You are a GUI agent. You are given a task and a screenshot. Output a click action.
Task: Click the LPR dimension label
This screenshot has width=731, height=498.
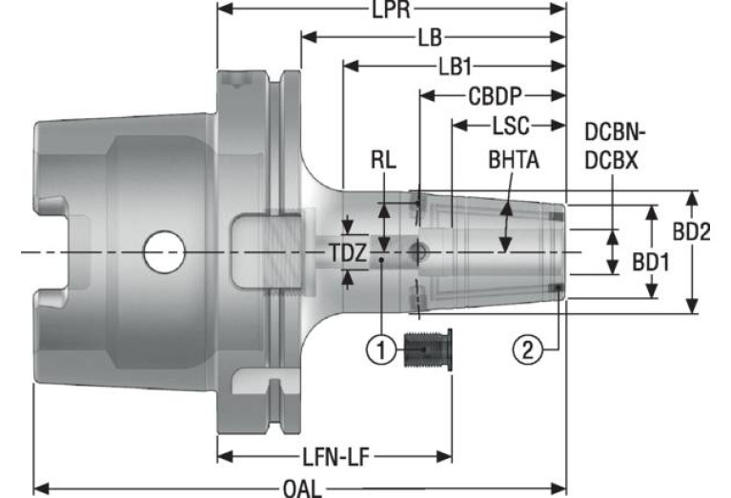391,10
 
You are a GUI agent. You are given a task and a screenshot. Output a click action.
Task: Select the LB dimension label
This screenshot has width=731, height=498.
430,38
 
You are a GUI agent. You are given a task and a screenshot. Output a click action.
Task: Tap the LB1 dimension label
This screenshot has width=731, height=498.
455,67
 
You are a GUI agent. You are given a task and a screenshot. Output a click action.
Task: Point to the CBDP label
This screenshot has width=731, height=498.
495,96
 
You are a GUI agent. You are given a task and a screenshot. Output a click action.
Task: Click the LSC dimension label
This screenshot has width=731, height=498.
511,126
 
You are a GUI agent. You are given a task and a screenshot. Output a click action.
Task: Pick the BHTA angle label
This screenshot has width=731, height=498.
514,160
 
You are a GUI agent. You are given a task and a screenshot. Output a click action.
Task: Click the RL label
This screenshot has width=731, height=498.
383,160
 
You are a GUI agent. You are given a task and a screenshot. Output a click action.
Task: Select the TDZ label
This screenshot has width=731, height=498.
348,253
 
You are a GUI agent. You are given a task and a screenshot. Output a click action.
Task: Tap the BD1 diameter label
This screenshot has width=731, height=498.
650,263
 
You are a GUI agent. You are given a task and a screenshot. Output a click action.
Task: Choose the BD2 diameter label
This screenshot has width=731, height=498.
691,231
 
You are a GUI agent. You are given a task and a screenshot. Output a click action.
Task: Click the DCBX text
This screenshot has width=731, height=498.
611,161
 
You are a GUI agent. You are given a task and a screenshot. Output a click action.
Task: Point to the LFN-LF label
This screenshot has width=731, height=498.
335,457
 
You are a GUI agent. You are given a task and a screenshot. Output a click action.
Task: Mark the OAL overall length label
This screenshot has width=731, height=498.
302,489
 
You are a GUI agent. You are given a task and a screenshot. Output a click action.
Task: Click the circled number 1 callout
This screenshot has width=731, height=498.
382,349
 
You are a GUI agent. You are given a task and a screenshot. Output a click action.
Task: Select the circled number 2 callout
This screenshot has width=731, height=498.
528,349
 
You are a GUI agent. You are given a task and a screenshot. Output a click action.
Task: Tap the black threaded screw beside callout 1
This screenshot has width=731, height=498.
427,349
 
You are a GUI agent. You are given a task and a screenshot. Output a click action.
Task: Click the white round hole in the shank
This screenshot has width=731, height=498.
164,252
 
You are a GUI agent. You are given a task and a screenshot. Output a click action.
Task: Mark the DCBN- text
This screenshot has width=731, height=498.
615,133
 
